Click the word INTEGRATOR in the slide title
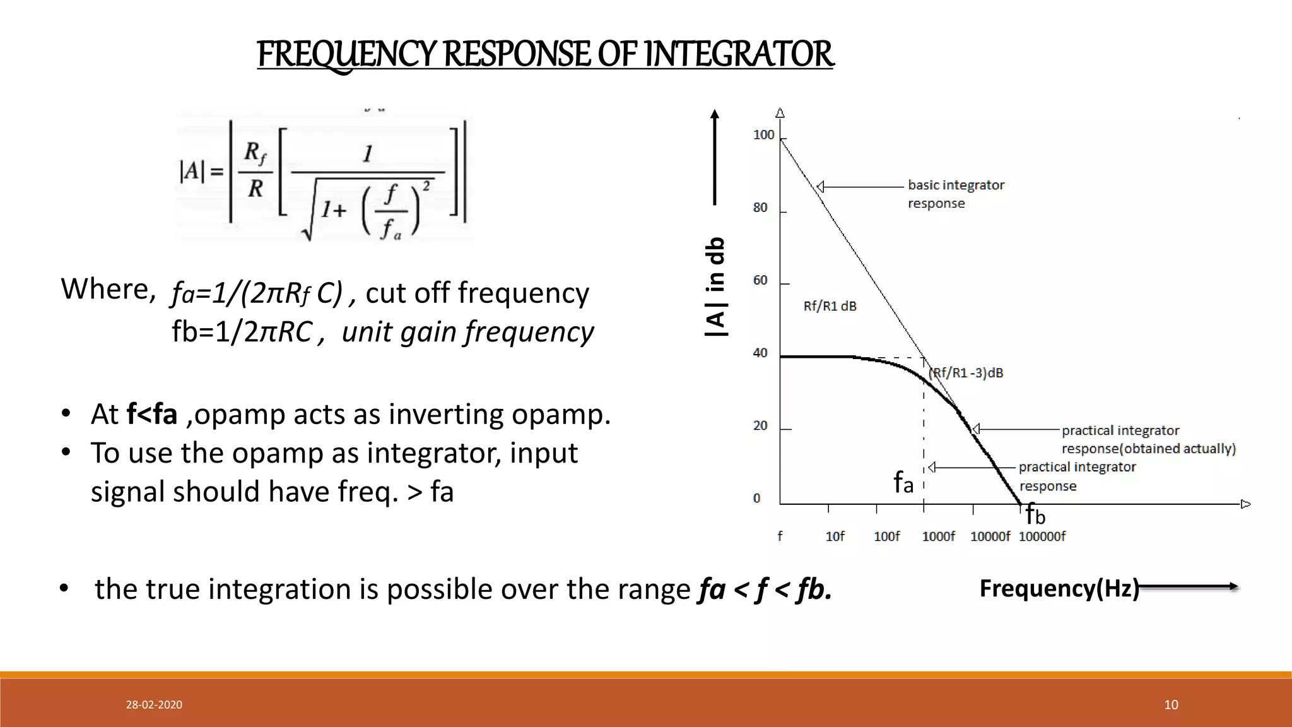[x=739, y=54]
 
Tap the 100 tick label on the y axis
[x=763, y=135]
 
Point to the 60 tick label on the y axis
[x=760, y=280]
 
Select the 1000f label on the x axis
[x=938, y=536]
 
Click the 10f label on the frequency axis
[x=835, y=536]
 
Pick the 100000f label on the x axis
[x=1042, y=536]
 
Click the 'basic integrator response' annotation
[x=955, y=194]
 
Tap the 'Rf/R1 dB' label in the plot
[x=830, y=307]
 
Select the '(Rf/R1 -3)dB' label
[x=966, y=373]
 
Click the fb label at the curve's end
[x=1035, y=516]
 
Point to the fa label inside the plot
[x=903, y=483]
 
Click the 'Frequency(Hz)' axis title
[x=1059, y=588]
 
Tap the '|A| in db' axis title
[x=715, y=287]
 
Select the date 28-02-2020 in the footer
[x=154, y=705]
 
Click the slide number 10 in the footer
[x=1171, y=705]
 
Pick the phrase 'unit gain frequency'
[x=467, y=332]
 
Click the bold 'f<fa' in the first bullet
[x=151, y=415]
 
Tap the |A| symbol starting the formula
[x=192, y=171]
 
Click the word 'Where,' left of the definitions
[x=108, y=289]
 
